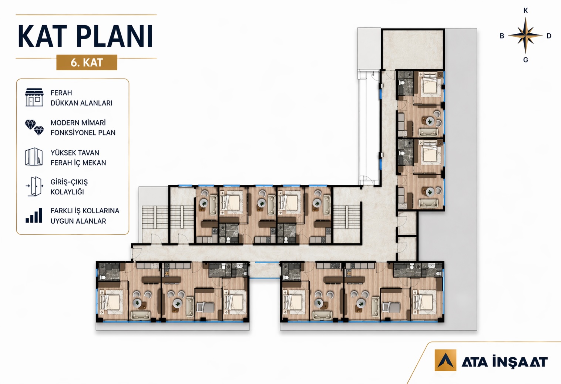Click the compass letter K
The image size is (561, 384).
point(526,10)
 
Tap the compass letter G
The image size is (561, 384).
point(526,60)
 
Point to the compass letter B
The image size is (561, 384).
point(502,36)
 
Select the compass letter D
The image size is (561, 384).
point(549,36)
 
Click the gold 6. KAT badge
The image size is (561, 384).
point(87,63)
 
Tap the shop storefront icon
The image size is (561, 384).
point(34,97)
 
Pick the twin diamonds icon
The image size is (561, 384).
point(34,127)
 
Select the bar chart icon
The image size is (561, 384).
point(34,215)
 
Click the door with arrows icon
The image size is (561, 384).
point(34,186)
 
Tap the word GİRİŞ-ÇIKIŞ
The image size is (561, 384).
point(69,182)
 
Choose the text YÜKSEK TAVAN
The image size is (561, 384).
point(75,153)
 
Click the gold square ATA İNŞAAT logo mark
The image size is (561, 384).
point(445,360)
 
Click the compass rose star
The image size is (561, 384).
point(525,35)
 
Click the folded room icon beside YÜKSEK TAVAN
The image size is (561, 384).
point(34,157)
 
